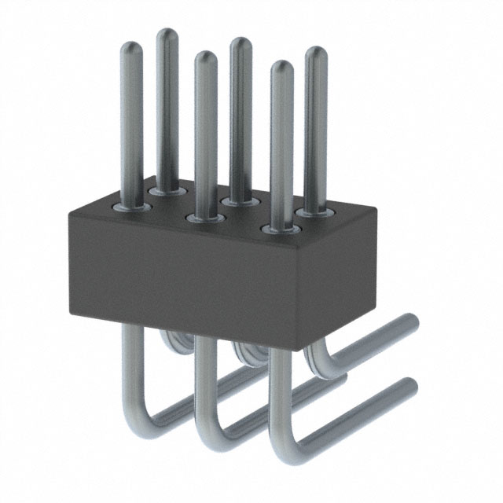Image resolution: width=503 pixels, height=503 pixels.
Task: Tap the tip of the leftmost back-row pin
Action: (x=167, y=35)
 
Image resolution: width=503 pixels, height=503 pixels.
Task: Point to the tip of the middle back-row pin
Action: (x=240, y=43)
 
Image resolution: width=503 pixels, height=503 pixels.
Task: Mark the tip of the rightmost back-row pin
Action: (x=316, y=53)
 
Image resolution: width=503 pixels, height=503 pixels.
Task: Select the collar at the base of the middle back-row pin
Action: (x=240, y=201)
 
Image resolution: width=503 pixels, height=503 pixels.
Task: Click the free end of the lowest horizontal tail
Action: (x=409, y=387)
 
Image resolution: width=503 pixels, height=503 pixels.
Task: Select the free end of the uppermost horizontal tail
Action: (x=410, y=321)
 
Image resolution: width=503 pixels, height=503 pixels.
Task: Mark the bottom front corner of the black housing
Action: (x=298, y=347)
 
